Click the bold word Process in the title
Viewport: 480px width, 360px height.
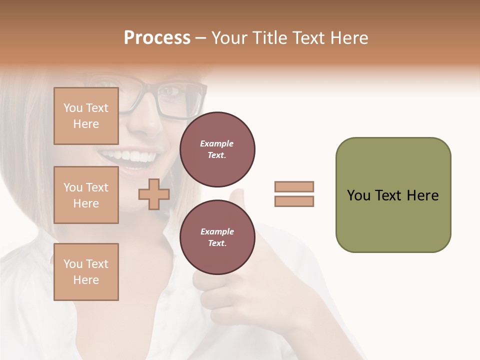coord(157,37)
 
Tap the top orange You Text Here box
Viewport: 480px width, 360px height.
coord(86,116)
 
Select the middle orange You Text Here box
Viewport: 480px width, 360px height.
coord(86,195)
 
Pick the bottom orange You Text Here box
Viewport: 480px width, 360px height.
coord(86,271)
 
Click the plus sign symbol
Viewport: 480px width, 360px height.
coord(154,194)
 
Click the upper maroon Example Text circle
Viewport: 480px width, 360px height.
coord(217,149)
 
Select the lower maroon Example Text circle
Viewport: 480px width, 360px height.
coord(217,237)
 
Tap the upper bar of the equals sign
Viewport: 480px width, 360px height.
coord(294,186)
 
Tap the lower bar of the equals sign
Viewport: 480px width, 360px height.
coord(294,201)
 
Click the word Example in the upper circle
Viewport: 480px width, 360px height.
coord(217,143)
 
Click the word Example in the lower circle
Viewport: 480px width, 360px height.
coord(217,231)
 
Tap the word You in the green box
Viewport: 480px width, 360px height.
coord(358,195)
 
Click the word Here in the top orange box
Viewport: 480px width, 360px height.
coord(86,124)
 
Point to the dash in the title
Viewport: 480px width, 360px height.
coord(201,38)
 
